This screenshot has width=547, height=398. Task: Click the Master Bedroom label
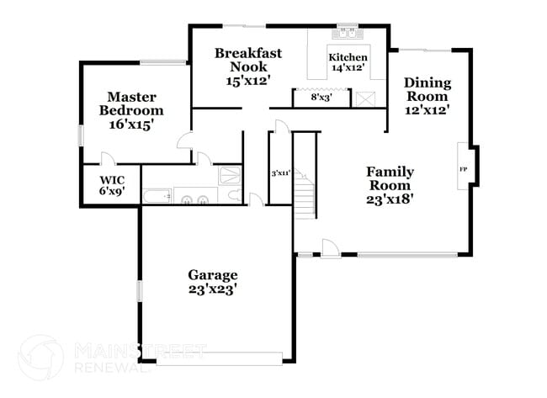coord(131,110)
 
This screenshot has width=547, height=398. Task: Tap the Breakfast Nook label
coord(247,66)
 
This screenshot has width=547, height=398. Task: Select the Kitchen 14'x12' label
coord(348,62)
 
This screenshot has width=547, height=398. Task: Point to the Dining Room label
coord(427,95)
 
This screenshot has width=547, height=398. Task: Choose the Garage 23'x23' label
coord(212,282)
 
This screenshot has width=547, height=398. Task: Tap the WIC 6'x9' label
coord(112,185)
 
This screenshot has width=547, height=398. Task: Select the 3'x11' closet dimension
coord(280,173)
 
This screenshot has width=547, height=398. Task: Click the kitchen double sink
coord(348,34)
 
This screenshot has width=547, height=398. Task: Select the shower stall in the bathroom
coord(229,175)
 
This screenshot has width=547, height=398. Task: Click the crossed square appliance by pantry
coord(365,98)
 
